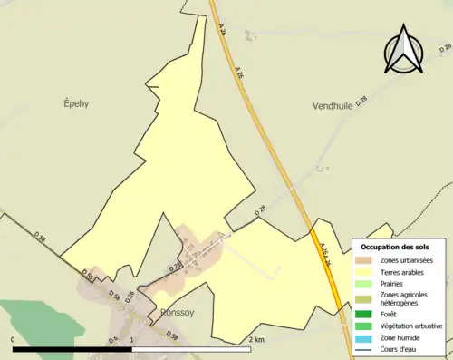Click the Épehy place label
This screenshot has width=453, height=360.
[76, 103]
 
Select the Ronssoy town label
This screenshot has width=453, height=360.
[178, 313]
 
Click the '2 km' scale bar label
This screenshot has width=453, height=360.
[256, 339]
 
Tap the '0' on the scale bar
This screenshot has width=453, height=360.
[14, 339]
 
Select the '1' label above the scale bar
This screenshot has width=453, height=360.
[132, 339]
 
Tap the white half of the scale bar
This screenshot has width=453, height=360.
[191, 349]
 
